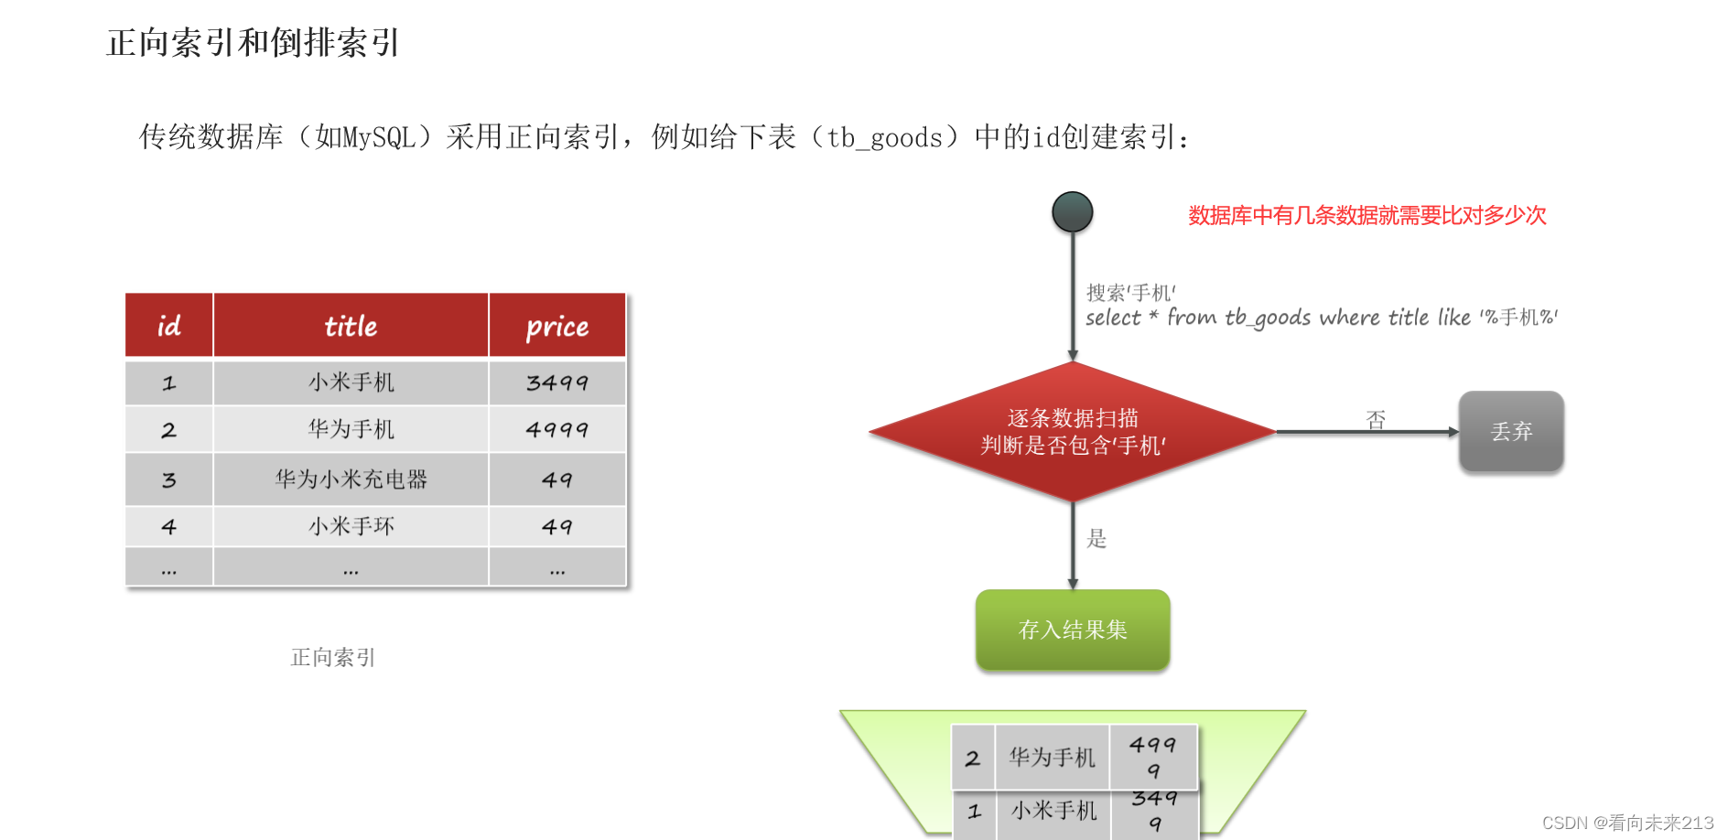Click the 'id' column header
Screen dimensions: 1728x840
coord(169,326)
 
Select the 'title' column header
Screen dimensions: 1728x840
coord(351,326)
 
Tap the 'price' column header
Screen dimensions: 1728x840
coord(557,326)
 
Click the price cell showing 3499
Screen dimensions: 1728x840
coord(557,382)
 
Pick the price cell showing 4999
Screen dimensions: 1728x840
coord(557,429)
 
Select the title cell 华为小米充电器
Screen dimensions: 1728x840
coord(351,479)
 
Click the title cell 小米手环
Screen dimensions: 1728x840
coord(351,526)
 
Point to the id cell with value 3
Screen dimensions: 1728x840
coord(169,479)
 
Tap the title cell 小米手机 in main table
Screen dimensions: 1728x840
coord(351,382)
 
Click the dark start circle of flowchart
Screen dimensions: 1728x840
coord(1073,212)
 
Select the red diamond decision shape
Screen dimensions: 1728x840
coord(1073,432)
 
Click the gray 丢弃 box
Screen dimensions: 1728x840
coord(1511,431)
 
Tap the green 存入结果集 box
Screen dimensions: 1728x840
coord(1073,630)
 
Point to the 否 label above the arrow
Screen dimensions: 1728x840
coord(1376,419)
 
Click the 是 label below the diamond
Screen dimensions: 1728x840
coord(1096,539)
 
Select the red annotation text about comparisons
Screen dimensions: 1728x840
coord(1366,216)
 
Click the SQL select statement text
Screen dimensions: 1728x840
coord(1321,318)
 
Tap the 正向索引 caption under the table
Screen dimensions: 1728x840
coord(333,657)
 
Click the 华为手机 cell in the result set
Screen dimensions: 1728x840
coord(1052,757)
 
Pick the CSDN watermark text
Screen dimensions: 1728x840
coord(1627,823)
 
